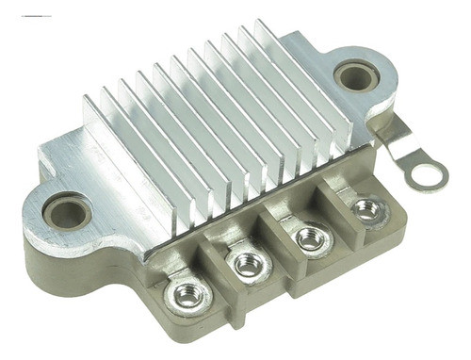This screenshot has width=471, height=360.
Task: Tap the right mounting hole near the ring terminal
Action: point(357,74)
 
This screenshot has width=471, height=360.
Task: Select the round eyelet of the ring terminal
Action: point(430,174)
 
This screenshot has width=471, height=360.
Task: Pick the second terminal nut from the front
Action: point(249,266)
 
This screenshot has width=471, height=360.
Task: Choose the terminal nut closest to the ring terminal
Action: point(365,209)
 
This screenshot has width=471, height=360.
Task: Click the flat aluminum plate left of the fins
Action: point(80,160)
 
